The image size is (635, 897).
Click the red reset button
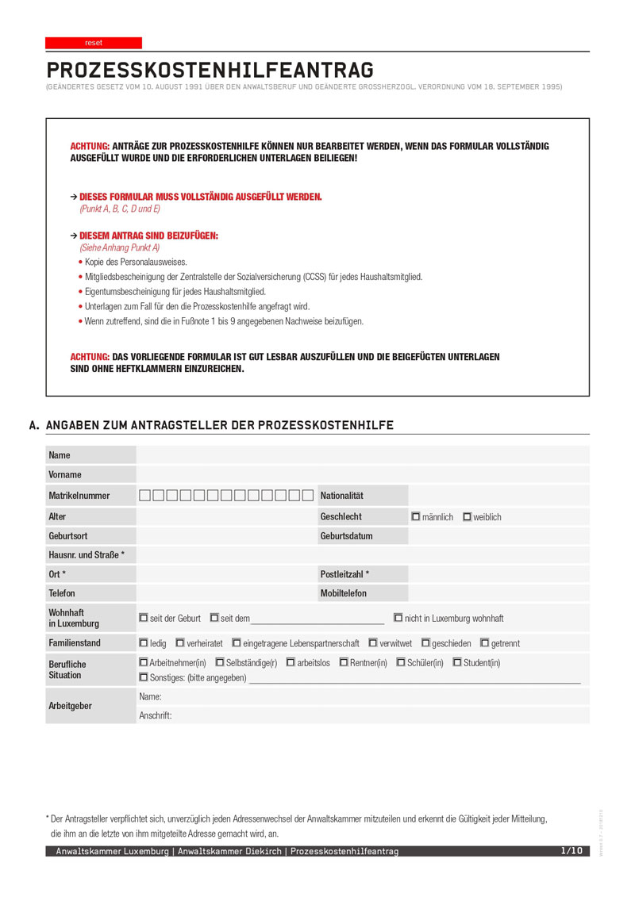[94, 43]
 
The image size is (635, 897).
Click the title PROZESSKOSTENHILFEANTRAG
[210, 70]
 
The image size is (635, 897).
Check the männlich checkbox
[416, 517]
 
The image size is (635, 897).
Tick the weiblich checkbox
[468, 517]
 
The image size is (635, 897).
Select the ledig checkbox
[144, 643]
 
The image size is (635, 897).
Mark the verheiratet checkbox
[180, 643]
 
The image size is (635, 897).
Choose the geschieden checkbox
[426, 643]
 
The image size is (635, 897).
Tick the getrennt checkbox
[485, 643]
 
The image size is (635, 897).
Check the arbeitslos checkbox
[291, 662]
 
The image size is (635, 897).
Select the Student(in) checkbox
[458, 662]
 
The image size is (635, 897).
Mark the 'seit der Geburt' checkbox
[144, 618]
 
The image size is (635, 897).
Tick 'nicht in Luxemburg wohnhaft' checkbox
[398, 618]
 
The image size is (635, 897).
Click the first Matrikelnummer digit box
[145, 496]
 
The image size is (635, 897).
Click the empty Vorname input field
[363, 475]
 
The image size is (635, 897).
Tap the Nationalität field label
[342, 496]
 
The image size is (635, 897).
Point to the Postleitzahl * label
[345, 573]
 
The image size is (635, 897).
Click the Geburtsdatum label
[347, 536]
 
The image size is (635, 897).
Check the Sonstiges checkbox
[144, 677]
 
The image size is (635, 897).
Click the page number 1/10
[571, 851]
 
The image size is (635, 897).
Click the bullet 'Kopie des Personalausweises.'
[136, 262]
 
